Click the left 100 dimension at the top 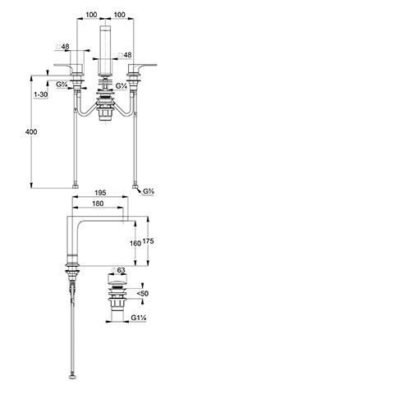[91, 15]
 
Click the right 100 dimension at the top [120, 15]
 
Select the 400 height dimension [31, 132]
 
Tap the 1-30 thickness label [41, 94]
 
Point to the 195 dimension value [100, 193]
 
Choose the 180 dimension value [98, 204]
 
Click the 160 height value [135, 243]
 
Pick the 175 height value [148, 241]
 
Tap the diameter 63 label [118, 270]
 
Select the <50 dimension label [143, 294]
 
